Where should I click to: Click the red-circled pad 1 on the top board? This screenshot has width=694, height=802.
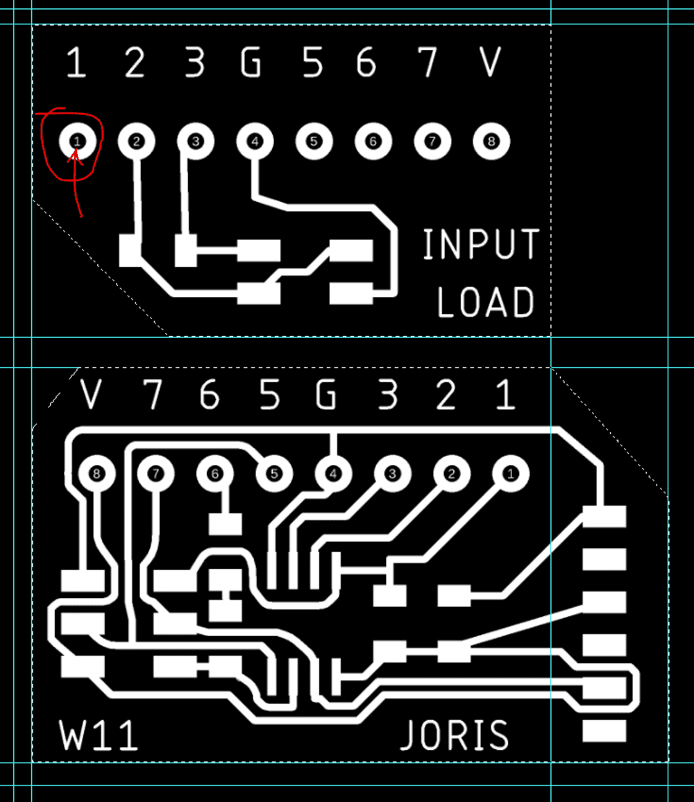(x=77, y=141)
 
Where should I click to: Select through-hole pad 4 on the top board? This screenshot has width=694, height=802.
(x=255, y=141)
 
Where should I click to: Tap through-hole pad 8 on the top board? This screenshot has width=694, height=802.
(x=491, y=141)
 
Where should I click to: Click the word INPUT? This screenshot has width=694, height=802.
(x=481, y=244)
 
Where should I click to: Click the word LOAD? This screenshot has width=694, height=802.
(x=486, y=302)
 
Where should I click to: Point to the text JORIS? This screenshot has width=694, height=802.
(x=455, y=736)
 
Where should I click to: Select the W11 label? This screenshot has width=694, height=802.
(x=99, y=736)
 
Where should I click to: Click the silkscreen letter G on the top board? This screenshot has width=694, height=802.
(x=251, y=63)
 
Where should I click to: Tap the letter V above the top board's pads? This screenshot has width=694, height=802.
(x=490, y=63)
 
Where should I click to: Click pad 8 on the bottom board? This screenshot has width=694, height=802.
(x=95, y=474)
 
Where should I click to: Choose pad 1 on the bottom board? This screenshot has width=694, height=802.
(x=511, y=474)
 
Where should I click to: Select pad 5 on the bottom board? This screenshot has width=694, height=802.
(x=274, y=474)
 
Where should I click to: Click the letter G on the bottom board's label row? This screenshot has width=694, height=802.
(x=325, y=395)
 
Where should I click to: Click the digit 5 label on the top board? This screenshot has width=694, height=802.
(x=313, y=63)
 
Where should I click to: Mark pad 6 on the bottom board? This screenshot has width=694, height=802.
(x=214, y=474)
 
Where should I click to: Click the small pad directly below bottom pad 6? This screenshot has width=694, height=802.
(x=225, y=524)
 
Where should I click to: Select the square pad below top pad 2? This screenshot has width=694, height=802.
(x=130, y=250)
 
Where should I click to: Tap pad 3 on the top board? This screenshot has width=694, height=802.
(x=196, y=141)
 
